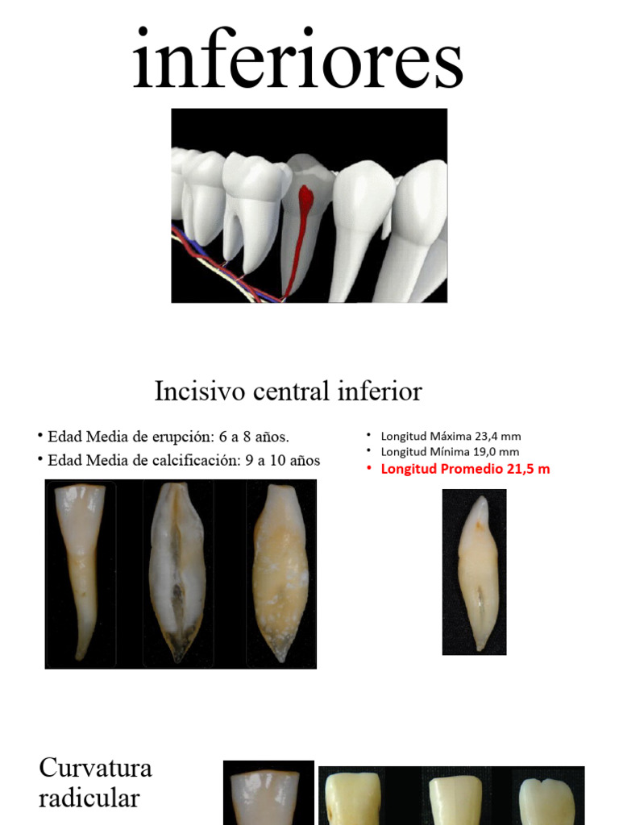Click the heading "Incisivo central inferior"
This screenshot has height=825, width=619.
pos(288,392)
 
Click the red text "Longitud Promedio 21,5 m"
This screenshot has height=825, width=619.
pos(465,469)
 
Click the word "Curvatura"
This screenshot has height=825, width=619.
pos(95,768)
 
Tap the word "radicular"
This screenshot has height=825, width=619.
pos(89,798)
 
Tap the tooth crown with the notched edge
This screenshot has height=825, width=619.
pos(546,798)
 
